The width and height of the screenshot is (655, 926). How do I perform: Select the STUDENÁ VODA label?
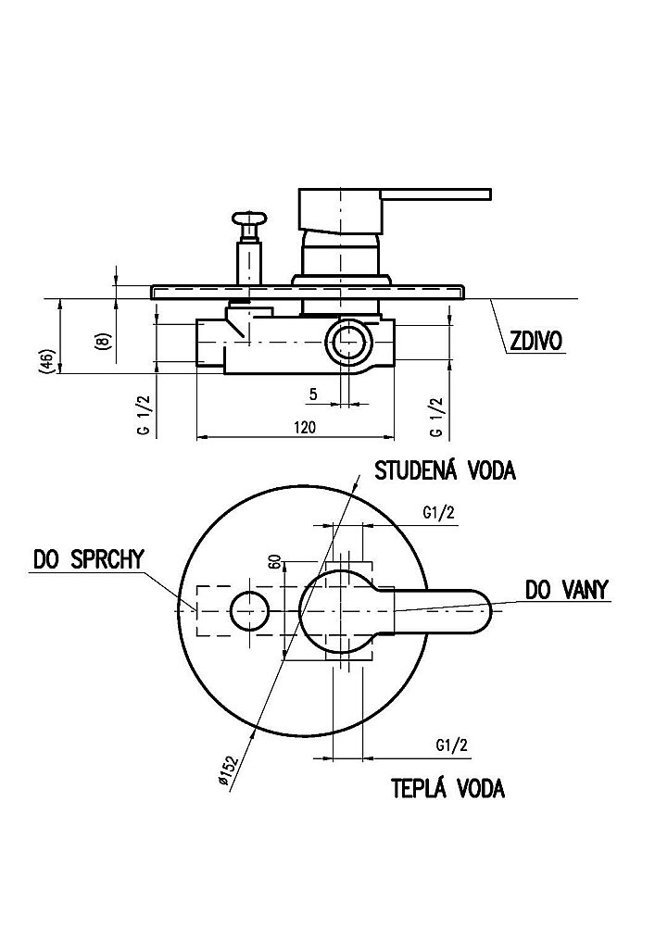(x=445, y=470)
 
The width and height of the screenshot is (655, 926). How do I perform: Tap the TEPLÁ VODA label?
(x=448, y=789)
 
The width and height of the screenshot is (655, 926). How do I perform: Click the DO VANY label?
(x=567, y=590)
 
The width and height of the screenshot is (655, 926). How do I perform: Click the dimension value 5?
(x=313, y=394)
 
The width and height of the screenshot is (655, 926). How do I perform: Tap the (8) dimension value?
(x=104, y=341)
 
